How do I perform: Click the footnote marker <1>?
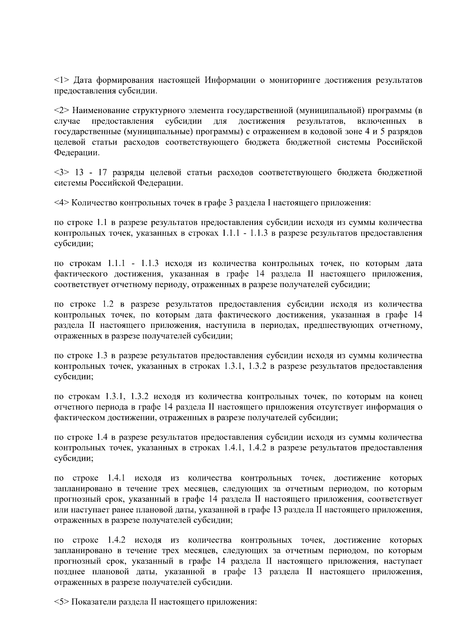click(x=61, y=80)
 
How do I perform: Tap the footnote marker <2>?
click(x=61, y=111)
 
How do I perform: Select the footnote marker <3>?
click(x=61, y=173)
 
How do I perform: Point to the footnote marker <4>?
click(x=61, y=203)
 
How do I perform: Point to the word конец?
click(x=411, y=397)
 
